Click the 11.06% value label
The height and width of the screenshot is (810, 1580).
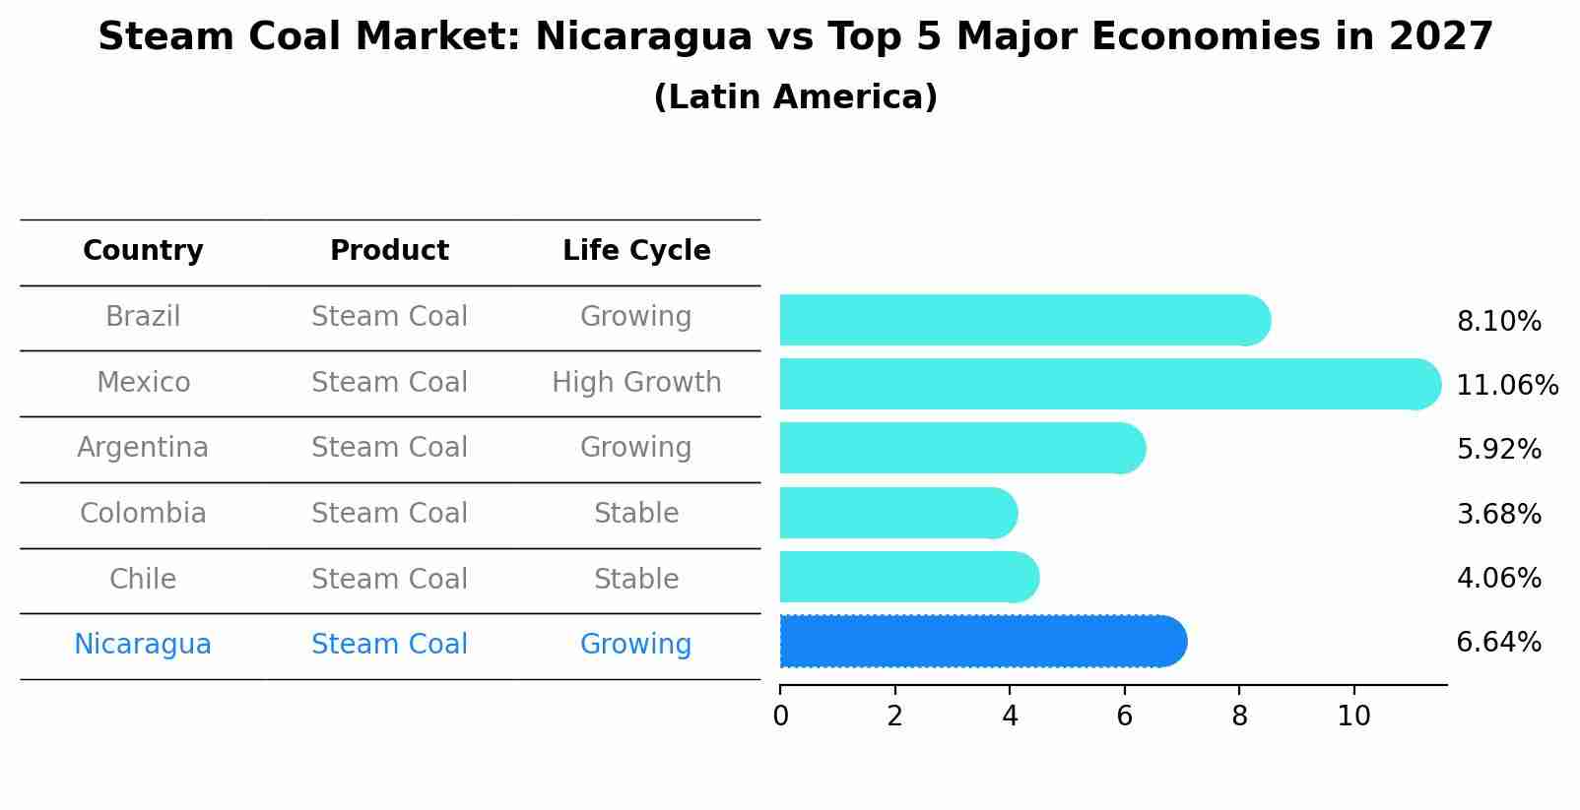click(x=1506, y=385)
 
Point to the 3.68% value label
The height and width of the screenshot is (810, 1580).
click(x=1498, y=514)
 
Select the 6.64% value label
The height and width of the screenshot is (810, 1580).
click(x=1498, y=643)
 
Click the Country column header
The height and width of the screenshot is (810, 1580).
click(x=143, y=251)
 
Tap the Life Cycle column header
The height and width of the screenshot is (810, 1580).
click(x=636, y=251)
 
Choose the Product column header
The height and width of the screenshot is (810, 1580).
click(x=389, y=251)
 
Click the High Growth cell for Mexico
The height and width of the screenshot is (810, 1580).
click(x=636, y=382)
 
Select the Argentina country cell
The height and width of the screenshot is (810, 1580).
click(x=143, y=448)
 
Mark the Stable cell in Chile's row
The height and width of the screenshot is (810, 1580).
click(x=636, y=579)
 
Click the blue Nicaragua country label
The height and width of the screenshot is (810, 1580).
click(x=143, y=645)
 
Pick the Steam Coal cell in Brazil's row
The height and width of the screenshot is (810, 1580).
click(x=389, y=317)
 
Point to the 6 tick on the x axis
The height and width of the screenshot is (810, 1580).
click(x=1124, y=716)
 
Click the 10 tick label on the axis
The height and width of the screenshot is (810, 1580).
click(x=1353, y=716)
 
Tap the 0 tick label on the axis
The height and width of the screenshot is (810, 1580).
click(x=780, y=716)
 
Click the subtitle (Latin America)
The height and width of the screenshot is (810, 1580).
click(x=795, y=96)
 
